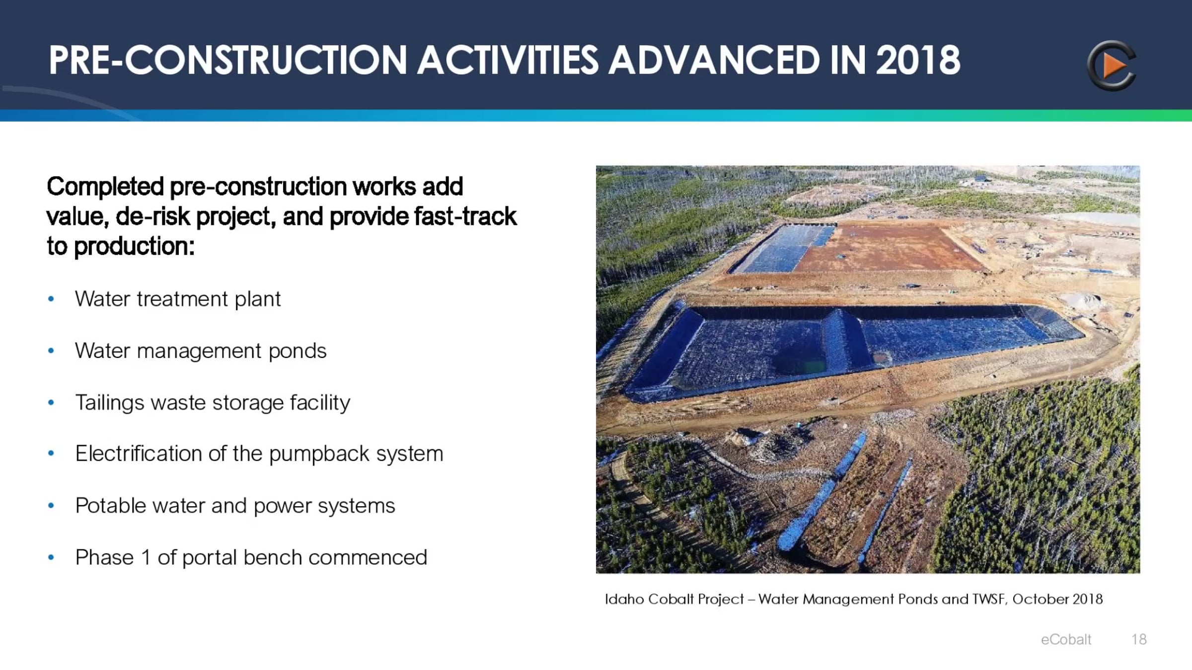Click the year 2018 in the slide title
coord(918,60)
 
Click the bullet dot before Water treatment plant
coord(51,299)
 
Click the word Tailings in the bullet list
coord(110,403)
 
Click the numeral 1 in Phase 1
coord(146,557)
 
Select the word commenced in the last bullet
coord(368,558)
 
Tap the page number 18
coord(1139,639)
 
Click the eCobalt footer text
coord(1066,639)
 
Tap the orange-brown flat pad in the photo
coord(889,248)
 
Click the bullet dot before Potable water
coord(51,506)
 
